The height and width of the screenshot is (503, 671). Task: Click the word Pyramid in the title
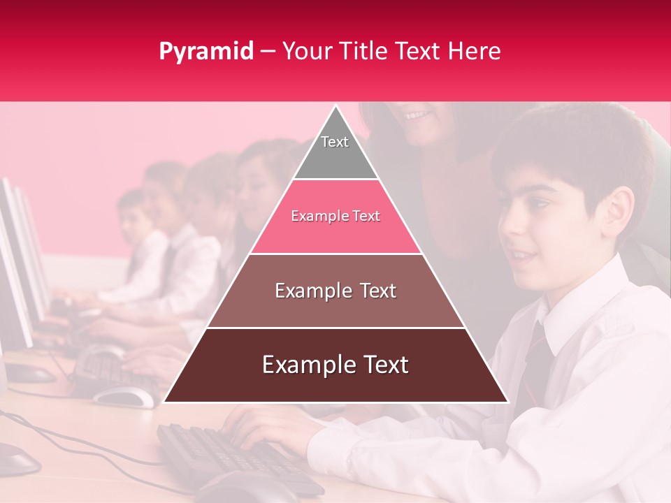coord(205,52)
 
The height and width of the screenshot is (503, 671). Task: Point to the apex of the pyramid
coord(335,109)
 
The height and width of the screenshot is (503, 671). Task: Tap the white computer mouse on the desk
coord(124,396)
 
